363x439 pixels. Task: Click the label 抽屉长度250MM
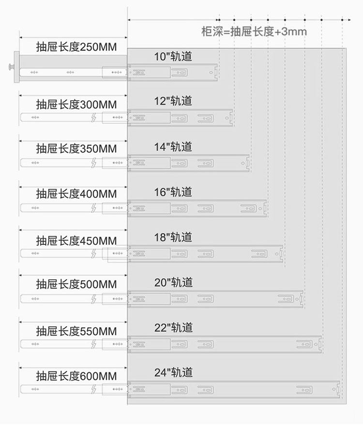[76, 47]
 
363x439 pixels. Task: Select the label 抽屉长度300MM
[76, 104]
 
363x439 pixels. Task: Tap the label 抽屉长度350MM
[76, 149]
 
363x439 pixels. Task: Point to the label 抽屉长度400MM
[76, 194]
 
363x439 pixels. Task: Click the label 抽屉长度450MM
[76, 240]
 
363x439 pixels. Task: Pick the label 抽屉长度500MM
[76, 285]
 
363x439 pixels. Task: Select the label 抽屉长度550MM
[76, 331]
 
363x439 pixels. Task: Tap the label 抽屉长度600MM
[76, 376]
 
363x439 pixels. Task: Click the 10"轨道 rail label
[173, 56]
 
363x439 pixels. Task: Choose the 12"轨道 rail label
[173, 101]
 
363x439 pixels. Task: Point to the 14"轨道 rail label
[173, 147]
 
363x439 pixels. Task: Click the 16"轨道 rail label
[173, 192]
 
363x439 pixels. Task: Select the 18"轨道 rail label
[173, 237]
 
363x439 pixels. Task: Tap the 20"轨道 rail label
[173, 282]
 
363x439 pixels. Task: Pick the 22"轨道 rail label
[173, 328]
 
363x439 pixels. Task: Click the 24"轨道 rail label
[173, 373]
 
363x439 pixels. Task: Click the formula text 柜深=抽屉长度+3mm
[254, 32]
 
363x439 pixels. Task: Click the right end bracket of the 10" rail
[215, 73]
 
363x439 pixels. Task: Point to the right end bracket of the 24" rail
[338, 389]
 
